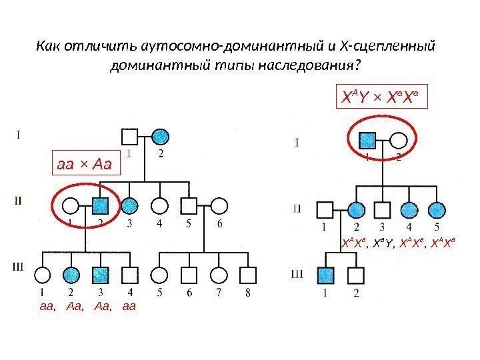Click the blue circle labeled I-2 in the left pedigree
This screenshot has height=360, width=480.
(x=159, y=137)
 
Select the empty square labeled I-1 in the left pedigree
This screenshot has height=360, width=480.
(x=130, y=137)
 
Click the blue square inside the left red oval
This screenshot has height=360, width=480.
(x=101, y=205)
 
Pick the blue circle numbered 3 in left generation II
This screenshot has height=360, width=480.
(x=130, y=205)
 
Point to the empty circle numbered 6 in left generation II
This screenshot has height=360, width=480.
(x=219, y=205)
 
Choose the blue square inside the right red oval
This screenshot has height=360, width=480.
(x=368, y=140)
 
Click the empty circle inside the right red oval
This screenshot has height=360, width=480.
(x=398, y=140)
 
